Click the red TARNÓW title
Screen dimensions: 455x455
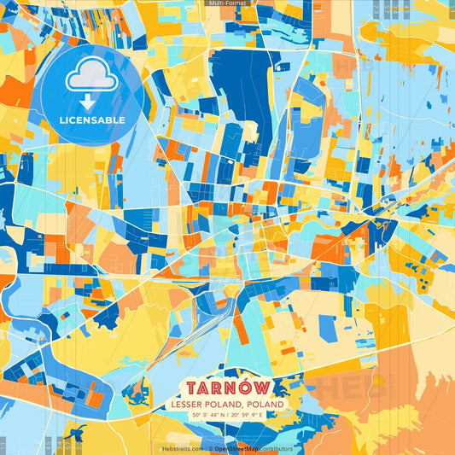tap(227, 385)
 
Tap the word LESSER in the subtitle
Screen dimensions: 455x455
tap(187, 402)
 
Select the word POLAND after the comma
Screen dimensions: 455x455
tap(265, 402)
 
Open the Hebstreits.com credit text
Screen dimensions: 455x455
tap(183, 448)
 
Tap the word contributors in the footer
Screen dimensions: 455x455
tap(275, 448)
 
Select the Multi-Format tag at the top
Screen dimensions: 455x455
tap(227, 3)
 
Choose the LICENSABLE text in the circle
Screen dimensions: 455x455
tap(92, 120)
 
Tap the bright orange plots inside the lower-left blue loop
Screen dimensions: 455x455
tap(94, 397)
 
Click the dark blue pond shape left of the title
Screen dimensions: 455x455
tap(135, 394)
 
